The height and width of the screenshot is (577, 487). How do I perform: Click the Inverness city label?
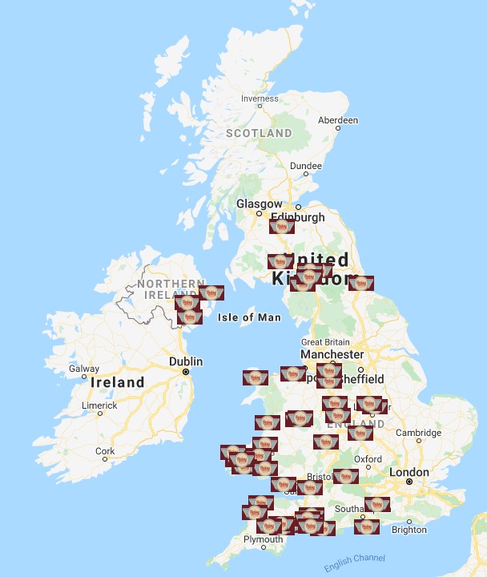260,99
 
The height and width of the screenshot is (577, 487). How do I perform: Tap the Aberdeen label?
337,119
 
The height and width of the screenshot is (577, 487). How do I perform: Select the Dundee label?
305,166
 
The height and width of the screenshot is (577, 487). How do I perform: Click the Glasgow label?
259,204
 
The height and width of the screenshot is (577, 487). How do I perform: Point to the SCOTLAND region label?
259,133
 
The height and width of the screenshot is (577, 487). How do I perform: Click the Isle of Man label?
249,317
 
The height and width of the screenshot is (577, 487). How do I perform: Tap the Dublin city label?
186,361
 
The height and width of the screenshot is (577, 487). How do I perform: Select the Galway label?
85,369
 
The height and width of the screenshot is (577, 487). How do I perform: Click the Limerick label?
99,406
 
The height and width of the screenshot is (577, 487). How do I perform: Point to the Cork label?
105,451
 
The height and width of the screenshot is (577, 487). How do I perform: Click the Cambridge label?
417,433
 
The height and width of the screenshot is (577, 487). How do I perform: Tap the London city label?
409,472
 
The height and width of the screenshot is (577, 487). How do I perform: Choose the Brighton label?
409,530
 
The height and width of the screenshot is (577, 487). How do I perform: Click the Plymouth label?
263,539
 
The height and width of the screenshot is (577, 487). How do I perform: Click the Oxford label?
368,459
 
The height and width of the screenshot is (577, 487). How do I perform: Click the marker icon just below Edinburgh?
281,226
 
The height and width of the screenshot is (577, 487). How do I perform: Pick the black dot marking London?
409,482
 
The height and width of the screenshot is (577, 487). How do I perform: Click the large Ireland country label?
117,382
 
